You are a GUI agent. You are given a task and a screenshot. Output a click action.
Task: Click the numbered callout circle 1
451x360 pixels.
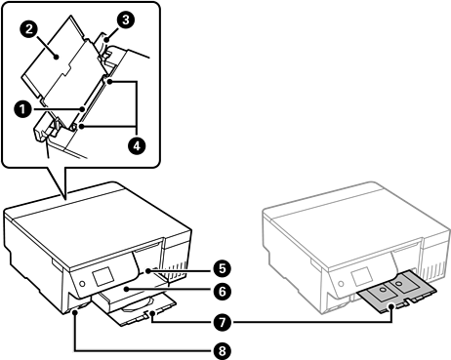(22, 109)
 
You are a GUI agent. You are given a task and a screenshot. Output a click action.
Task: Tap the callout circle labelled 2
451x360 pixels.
(29, 29)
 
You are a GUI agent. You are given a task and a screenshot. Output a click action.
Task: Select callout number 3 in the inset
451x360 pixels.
(125, 20)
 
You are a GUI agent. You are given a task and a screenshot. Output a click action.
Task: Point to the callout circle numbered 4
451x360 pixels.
(137, 145)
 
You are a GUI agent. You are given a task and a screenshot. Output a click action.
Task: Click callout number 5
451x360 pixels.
(223, 269)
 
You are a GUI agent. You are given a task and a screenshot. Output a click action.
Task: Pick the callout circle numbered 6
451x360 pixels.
(223, 291)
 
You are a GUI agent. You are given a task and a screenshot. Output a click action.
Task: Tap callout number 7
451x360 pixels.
(223, 323)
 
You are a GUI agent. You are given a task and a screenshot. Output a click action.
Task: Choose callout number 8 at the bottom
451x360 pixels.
(223, 351)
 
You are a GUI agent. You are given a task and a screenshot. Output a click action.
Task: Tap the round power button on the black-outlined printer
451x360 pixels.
(82, 284)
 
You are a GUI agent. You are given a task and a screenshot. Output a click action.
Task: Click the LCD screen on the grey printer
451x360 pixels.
(362, 277)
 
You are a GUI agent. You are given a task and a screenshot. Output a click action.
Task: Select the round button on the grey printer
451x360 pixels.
(341, 284)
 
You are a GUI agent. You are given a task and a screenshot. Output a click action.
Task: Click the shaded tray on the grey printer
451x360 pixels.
(396, 291)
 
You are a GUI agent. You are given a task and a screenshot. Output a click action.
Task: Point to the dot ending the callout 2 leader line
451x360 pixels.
(57, 57)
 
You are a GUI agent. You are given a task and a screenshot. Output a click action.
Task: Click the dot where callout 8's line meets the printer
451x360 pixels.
(75, 312)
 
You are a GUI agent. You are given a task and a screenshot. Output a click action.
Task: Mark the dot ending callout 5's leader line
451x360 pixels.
(148, 270)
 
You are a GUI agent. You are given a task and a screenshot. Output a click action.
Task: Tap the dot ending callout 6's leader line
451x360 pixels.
(126, 289)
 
